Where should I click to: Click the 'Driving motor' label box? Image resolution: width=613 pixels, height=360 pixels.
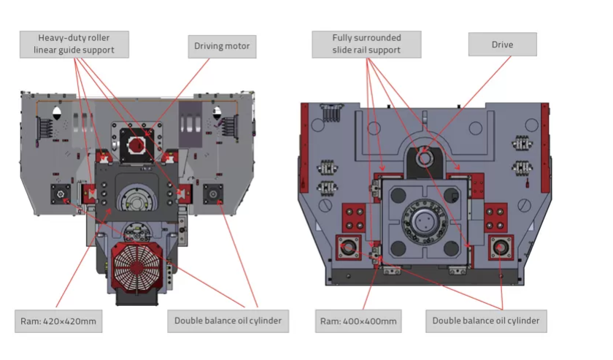222,47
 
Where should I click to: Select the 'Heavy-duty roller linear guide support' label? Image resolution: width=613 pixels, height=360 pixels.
74,45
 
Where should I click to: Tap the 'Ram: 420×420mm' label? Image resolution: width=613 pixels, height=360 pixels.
58,321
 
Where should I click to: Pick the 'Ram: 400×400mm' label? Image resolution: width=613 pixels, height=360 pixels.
358,321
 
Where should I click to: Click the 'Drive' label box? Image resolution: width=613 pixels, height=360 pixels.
502,45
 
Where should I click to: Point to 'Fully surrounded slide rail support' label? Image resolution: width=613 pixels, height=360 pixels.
366,45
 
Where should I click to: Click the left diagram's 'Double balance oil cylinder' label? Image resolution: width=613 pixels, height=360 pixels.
228,321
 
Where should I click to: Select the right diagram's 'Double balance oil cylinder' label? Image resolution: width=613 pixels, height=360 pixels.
486,321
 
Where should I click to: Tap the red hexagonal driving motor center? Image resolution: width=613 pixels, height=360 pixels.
137,145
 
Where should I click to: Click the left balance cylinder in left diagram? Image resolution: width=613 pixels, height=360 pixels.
61,194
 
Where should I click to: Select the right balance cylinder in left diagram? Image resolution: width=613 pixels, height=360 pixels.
213,194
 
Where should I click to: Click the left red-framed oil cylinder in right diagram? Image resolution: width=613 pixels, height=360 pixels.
348,247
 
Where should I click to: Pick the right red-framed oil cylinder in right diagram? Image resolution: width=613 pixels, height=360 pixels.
501,247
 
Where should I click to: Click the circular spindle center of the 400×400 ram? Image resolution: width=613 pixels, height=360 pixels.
423,221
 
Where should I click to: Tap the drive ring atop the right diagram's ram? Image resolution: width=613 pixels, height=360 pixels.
424,158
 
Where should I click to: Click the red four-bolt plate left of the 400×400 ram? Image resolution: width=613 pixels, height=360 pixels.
354,218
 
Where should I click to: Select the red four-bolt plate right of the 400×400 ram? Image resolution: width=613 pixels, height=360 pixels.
496,218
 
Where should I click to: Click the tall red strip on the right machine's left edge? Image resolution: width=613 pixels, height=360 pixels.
304,148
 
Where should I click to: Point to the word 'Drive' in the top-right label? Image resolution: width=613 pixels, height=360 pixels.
502,45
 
